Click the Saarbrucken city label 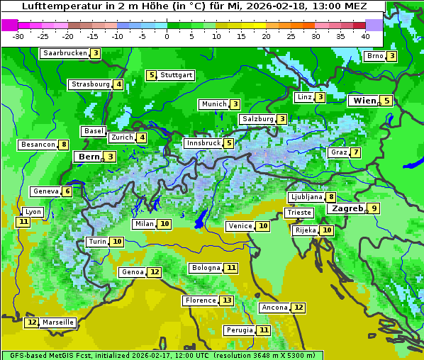[x=65, y=53]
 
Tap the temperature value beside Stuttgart [x=151, y=75]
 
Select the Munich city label [x=213, y=104]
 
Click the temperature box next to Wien [x=386, y=101]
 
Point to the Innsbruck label [x=203, y=143]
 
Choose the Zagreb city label [x=347, y=208]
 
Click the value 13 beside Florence [x=227, y=300]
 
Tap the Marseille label [x=57, y=322]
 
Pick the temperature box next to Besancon [x=64, y=145]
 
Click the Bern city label [x=89, y=157]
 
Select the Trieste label [x=299, y=213]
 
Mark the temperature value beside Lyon [x=23, y=222]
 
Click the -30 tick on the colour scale [x=18, y=36]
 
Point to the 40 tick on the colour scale [x=365, y=36]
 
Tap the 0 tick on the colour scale [x=167, y=36]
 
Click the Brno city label [x=374, y=56]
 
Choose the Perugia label [x=239, y=330]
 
